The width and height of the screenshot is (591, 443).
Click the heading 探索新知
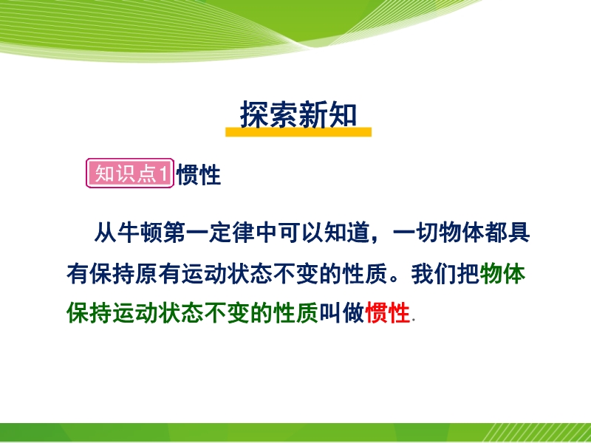point(298,114)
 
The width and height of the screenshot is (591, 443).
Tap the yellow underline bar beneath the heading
point(298,132)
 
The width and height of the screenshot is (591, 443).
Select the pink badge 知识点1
point(130,174)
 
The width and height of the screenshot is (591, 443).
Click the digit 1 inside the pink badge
point(163,174)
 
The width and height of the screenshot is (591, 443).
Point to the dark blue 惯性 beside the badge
point(199,174)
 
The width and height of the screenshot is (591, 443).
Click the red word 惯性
point(387,312)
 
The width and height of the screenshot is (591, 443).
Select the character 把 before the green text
point(468,273)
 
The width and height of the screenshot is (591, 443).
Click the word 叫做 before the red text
point(342,312)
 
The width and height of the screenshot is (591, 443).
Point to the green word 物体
point(502,273)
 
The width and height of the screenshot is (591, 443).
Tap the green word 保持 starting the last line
point(89,312)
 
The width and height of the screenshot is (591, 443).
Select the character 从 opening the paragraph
point(106,233)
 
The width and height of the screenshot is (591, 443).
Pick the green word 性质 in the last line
point(296,312)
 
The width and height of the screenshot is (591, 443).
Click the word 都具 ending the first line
point(508,233)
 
